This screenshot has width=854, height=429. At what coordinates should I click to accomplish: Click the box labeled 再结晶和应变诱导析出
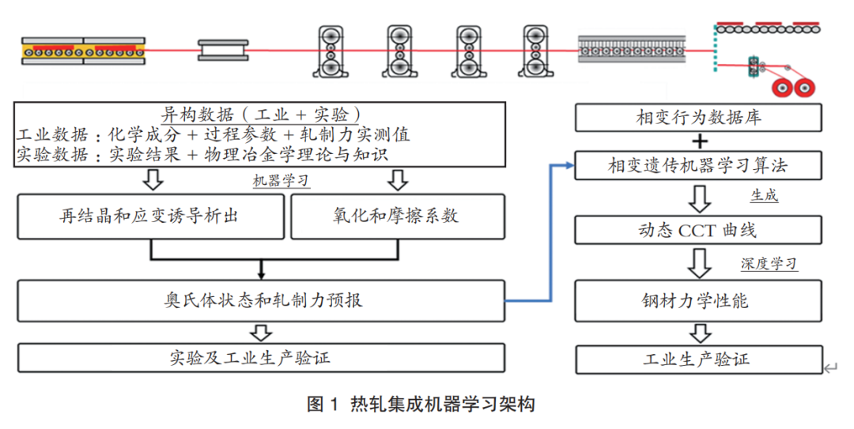click(149, 216)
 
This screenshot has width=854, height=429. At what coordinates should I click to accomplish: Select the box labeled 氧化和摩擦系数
click(397, 216)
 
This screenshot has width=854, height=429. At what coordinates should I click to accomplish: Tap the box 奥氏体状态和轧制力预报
click(260, 300)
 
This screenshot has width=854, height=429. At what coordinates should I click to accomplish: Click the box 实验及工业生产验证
click(260, 357)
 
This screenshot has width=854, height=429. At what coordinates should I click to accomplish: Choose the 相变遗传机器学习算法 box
click(699, 167)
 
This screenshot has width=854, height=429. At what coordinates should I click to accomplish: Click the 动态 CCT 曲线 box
click(699, 230)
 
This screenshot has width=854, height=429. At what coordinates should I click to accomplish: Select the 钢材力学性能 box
click(699, 300)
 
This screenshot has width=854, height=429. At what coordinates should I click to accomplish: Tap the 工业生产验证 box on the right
click(699, 359)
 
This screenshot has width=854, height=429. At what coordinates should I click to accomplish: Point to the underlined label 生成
click(764, 196)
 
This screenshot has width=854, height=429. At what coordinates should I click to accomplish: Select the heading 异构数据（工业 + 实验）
click(260, 113)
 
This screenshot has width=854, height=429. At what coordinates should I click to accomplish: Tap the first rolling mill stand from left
click(331, 51)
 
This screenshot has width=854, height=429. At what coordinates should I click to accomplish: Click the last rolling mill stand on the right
click(536, 51)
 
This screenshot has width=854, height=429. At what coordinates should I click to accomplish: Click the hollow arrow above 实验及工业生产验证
click(260, 331)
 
